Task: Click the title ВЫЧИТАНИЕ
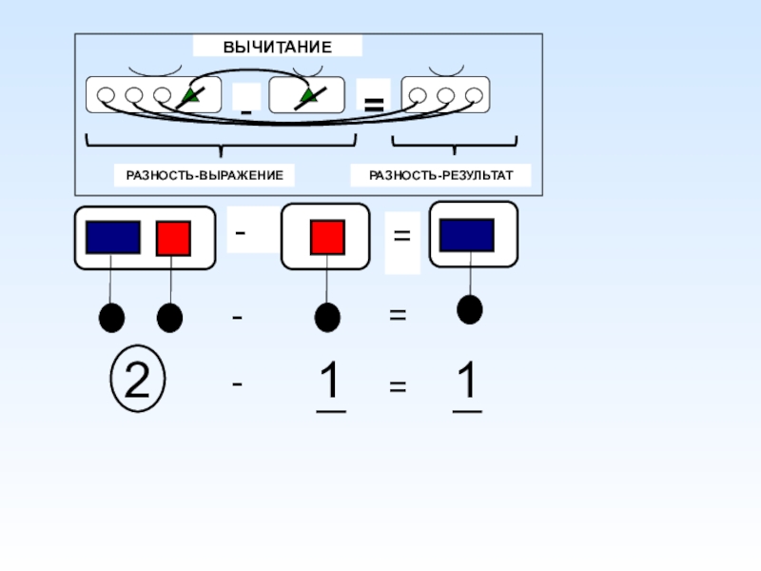(x=278, y=47)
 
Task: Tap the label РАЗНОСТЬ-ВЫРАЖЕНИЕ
(x=204, y=176)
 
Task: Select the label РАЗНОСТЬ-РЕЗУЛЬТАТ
(x=440, y=176)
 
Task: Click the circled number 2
(x=138, y=382)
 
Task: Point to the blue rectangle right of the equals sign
(x=466, y=235)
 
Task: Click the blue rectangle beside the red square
(x=113, y=238)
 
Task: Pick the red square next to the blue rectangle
(x=174, y=238)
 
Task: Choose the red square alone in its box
(x=326, y=238)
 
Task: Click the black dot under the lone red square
(x=327, y=317)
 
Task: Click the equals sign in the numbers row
(x=398, y=387)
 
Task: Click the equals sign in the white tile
(x=401, y=234)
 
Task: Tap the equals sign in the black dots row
(x=398, y=314)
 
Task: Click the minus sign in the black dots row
(x=237, y=315)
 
